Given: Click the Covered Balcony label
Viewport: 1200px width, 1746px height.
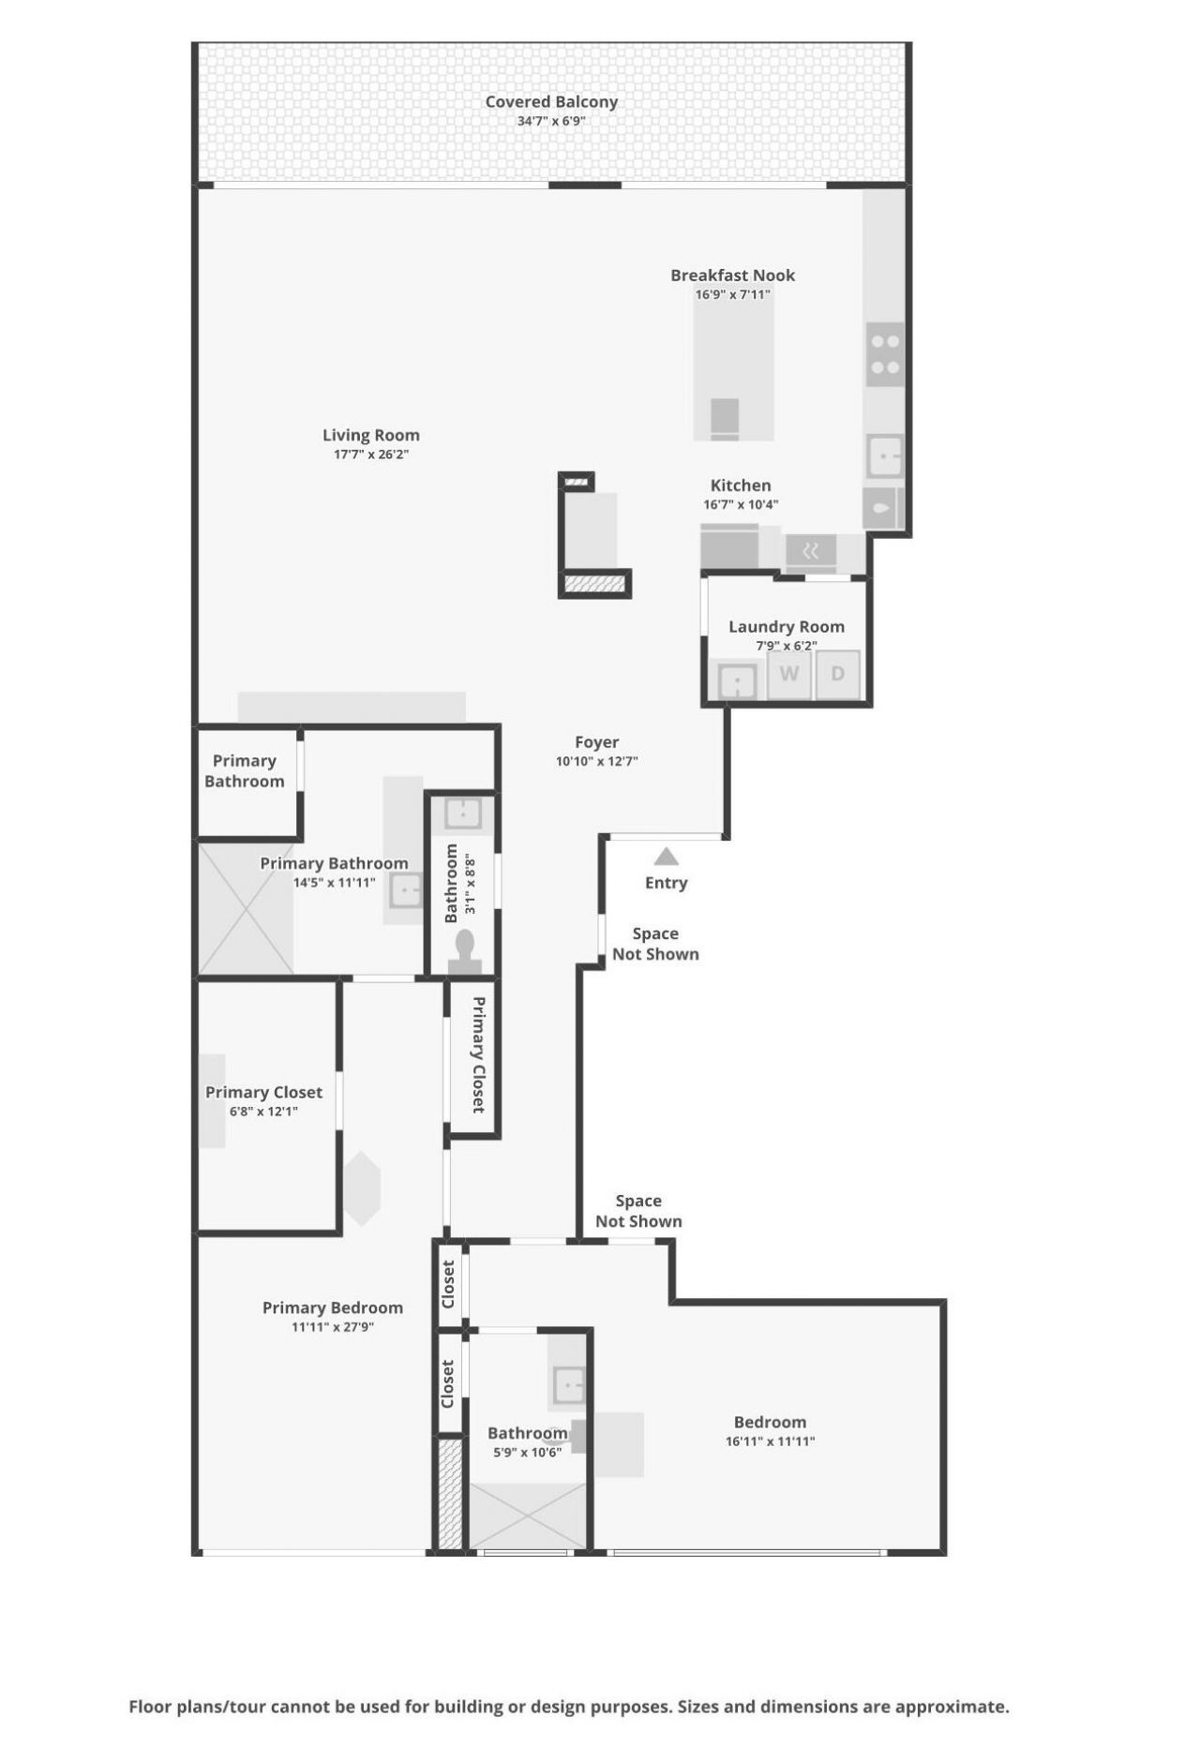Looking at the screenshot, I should pos(551,101).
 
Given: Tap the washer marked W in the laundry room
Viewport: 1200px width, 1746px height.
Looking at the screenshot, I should pos(789,674).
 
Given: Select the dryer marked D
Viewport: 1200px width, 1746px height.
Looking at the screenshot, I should pos(837,674).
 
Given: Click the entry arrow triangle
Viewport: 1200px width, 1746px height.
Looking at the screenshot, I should pos(666,857).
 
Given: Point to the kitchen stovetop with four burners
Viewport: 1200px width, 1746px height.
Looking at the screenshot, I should pos(885,355).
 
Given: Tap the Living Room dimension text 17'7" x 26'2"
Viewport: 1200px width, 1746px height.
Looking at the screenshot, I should pos(371,455).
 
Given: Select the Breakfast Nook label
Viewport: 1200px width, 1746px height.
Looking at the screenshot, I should pos(732,276).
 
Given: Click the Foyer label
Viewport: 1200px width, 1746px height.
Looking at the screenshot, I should pos(596,742).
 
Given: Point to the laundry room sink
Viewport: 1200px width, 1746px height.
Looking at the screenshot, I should pos(737,681).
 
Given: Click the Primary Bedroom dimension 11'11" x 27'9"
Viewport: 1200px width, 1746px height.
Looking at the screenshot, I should pos(333,1327).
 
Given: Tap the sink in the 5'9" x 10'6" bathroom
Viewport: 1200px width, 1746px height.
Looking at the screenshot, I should pos(568,1383).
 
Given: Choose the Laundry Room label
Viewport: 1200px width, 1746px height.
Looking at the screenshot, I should pos(786,627).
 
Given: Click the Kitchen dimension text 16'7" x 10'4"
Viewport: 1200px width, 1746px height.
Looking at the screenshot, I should pos(741,504).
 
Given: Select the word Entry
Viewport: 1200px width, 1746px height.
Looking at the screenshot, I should pos(666,883).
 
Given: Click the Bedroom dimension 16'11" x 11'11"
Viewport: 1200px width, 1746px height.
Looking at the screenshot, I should pos(770,1441).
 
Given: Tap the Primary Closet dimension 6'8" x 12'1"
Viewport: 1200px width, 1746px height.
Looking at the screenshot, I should pos(263,1112).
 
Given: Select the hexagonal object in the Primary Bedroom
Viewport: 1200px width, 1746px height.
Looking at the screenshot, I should pos(362,1188).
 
